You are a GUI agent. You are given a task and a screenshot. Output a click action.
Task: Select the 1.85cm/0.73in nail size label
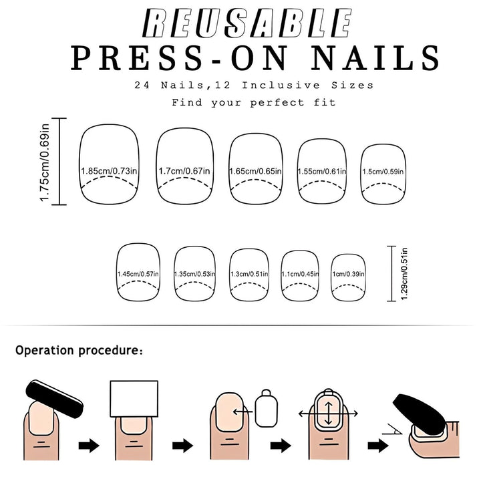click(x=109, y=172)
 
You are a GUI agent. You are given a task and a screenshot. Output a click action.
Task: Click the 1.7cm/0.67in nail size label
click(x=184, y=172)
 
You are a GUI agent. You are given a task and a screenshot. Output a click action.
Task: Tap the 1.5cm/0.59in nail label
click(x=383, y=172)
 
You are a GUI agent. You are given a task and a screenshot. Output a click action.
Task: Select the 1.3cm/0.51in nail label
click(x=249, y=274)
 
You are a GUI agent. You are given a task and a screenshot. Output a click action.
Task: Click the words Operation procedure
click(x=79, y=350)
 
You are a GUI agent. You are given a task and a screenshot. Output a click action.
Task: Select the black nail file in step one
click(x=55, y=399)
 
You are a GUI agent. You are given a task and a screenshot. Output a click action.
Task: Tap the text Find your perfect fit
click(x=253, y=103)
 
